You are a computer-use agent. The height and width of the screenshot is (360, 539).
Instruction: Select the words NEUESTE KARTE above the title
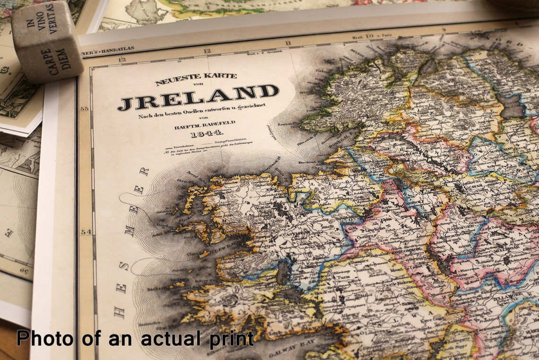click(x=196, y=78)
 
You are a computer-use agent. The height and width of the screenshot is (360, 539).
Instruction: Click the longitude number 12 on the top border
click(x=207, y=51)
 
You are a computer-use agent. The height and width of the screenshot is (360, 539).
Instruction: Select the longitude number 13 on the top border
click(x=122, y=60)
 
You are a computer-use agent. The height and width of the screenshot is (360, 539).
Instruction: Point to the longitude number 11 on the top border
click(x=288, y=43)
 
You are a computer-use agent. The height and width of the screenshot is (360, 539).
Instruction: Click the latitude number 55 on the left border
click(x=85, y=109)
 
